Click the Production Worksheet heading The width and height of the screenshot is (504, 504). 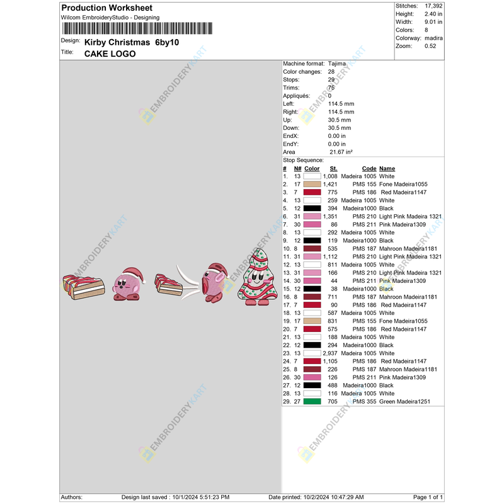pos(106,8)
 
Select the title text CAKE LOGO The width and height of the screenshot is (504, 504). pos(110,54)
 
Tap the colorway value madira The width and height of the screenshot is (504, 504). pos(434,38)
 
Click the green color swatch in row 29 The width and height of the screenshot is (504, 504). pos(312,401)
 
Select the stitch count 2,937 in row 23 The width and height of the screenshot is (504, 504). pos(330,353)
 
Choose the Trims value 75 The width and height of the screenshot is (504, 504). pos(331,88)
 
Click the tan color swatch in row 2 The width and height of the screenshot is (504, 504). pos(312,184)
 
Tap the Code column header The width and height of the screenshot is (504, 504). pos(369,168)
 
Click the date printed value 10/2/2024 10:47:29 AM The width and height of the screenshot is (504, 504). pos(333,498)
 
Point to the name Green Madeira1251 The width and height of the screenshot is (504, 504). pos(405,401)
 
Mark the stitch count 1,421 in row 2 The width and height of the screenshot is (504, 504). pos(330,184)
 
